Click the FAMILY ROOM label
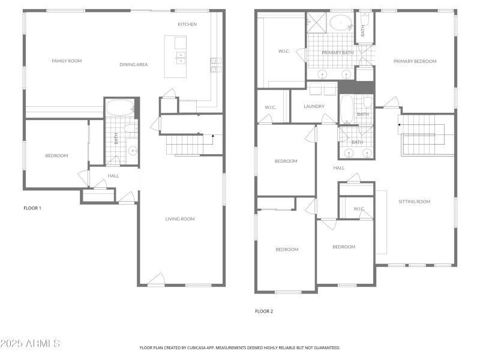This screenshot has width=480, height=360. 67,61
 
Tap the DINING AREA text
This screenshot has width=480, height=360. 133,64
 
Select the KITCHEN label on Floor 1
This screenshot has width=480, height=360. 187,24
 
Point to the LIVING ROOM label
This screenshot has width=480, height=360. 180,219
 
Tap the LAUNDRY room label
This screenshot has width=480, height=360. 314,107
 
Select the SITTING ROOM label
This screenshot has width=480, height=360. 415,202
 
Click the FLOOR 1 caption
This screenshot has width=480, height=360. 32,208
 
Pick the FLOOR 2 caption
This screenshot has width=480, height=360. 264,311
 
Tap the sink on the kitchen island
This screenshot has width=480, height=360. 180,58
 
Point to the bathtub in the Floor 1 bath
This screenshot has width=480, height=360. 120,108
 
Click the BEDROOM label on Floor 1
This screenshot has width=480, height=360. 56,156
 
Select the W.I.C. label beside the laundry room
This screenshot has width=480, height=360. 270,107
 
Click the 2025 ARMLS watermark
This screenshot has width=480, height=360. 30,344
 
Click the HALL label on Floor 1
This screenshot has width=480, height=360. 113,176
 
